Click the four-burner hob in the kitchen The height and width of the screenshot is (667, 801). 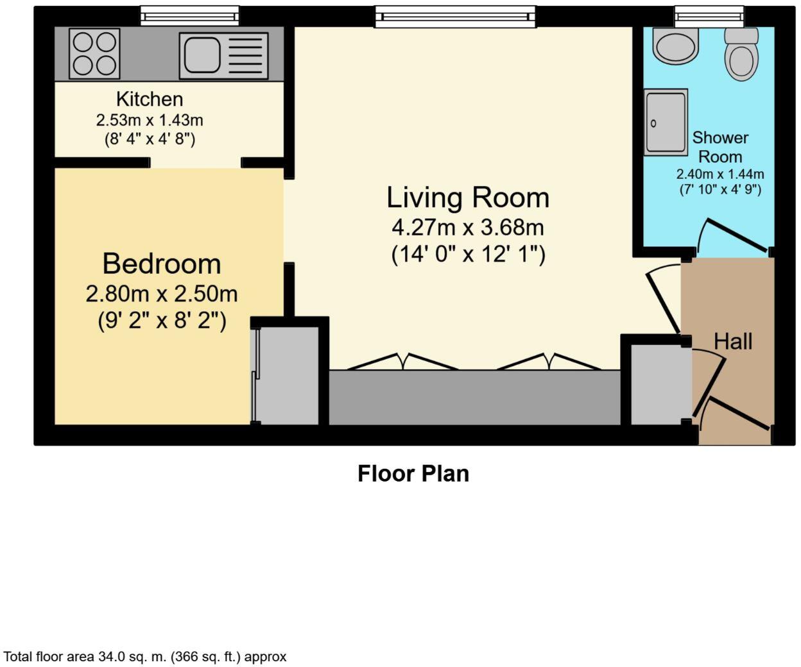[94, 54]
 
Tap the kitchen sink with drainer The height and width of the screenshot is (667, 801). [223, 56]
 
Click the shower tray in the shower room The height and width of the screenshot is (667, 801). [666, 122]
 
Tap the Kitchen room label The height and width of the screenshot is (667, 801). [150, 99]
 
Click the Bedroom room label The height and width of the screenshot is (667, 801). [162, 264]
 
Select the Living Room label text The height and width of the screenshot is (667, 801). [468, 197]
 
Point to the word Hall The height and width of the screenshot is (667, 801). [733, 341]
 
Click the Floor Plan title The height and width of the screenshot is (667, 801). [413, 473]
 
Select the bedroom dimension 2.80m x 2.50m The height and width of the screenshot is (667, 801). [162, 294]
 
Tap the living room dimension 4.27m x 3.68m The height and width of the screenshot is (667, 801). [468, 227]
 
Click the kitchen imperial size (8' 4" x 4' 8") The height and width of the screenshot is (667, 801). [150, 139]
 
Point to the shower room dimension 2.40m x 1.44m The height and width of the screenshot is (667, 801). [720, 174]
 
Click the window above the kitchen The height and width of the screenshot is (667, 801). [189, 15]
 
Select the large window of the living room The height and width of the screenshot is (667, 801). [455, 16]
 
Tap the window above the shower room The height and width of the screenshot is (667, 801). [709, 15]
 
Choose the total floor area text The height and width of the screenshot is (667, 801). [145, 657]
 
